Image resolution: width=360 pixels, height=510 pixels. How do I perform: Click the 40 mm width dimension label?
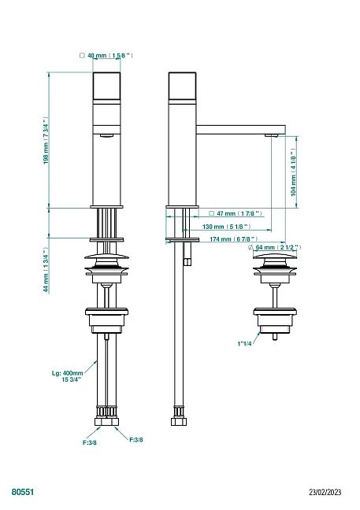coord(106,56)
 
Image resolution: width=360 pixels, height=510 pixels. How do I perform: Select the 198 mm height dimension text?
coord(46,140)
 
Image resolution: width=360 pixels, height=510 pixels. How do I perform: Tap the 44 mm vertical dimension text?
coord(46,270)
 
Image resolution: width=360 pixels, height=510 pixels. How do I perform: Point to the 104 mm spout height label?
coord(293,172)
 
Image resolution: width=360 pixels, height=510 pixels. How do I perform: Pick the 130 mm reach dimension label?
coord(227,227)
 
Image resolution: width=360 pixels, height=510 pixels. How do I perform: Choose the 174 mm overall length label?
coord(234,239)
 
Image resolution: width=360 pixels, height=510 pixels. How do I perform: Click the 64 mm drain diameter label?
coord(274,247)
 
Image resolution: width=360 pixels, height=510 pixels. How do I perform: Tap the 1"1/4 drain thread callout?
coord(244,343)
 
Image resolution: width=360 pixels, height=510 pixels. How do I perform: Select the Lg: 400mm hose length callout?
coord(68,376)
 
